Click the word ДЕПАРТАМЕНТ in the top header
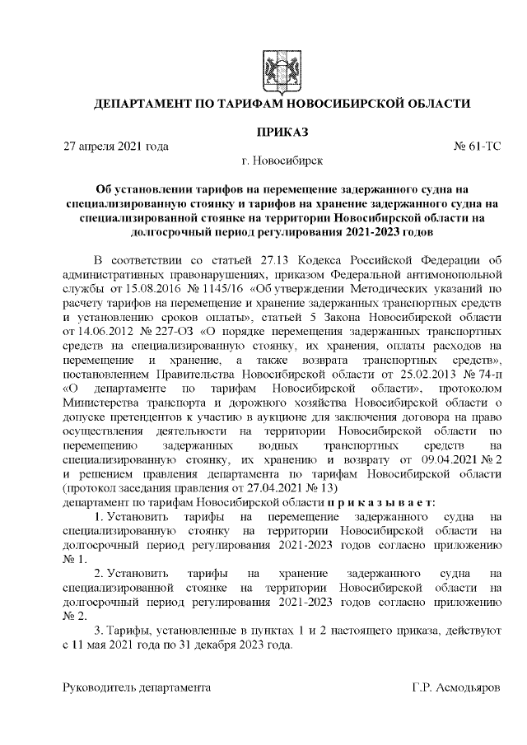point(147,105)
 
